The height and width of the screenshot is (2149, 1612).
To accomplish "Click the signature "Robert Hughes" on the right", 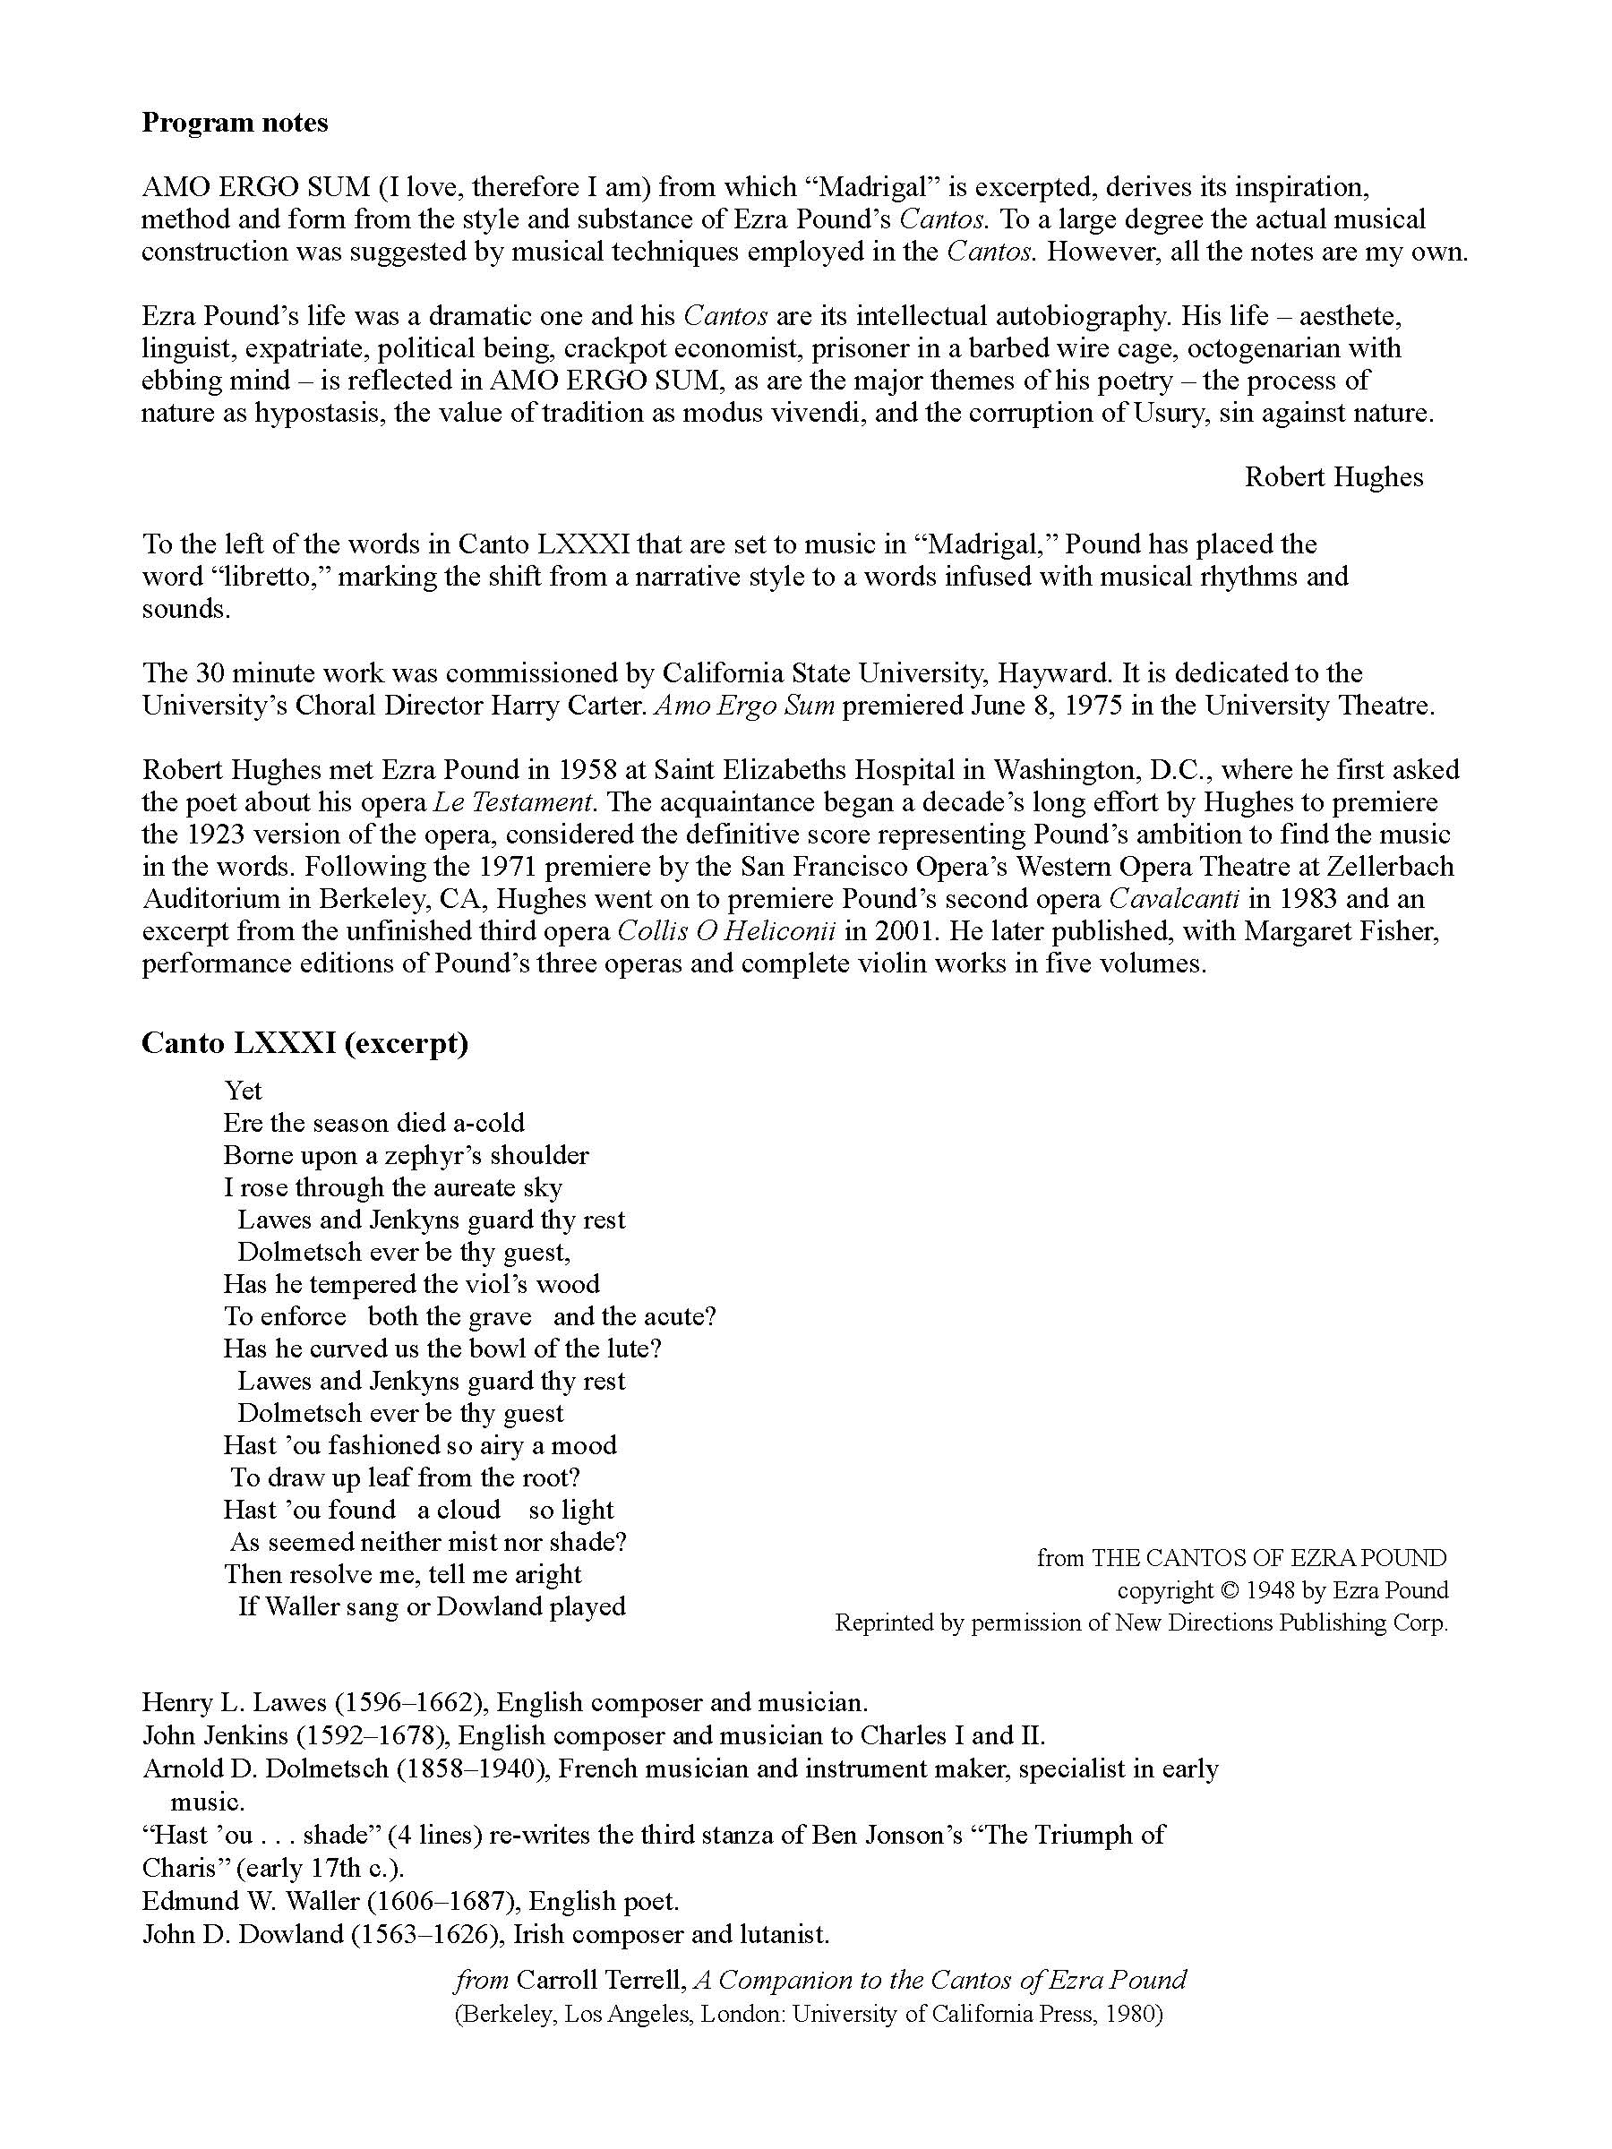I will click(1333, 477).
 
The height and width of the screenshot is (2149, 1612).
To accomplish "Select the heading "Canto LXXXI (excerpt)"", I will click(304, 1042).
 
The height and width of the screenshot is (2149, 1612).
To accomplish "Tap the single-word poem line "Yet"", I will click(243, 1090).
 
